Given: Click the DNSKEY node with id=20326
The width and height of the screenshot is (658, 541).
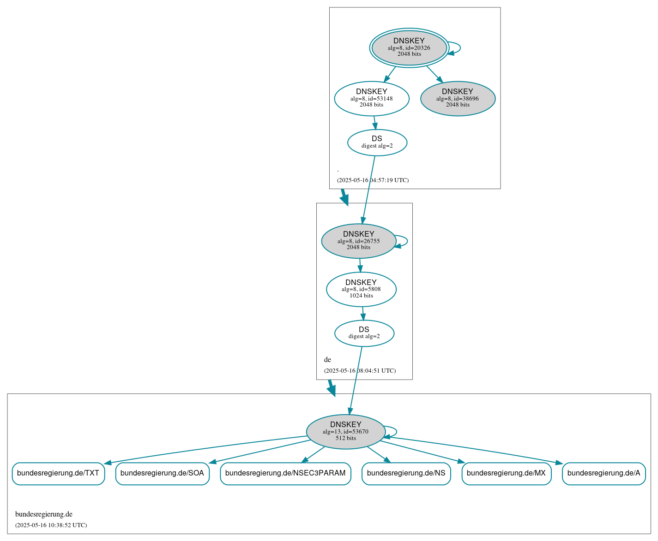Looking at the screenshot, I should (x=409, y=48).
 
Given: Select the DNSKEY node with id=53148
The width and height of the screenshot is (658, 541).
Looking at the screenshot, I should (x=372, y=98).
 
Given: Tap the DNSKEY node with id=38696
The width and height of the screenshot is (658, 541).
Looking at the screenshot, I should (x=458, y=98).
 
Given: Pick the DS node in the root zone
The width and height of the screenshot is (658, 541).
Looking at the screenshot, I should (x=377, y=143).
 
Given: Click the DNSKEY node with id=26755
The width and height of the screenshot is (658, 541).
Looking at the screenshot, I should (x=359, y=241).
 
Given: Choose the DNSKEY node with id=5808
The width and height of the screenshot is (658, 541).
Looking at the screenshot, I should (x=361, y=289).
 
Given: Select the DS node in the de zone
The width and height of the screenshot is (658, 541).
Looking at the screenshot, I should (x=364, y=333).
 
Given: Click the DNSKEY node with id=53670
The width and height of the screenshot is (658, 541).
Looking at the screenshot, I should (x=345, y=431).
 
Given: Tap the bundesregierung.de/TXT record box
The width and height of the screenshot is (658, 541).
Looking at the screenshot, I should (x=58, y=473).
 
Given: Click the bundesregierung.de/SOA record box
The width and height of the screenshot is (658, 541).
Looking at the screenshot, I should (x=162, y=473).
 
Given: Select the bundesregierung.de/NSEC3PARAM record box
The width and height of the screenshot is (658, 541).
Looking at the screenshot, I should (x=285, y=473).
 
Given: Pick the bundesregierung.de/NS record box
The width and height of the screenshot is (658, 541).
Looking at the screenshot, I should (x=406, y=473).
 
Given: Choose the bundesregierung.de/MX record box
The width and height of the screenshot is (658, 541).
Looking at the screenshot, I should (x=506, y=473).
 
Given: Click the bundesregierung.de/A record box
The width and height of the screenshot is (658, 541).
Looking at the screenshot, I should (x=604, y=473).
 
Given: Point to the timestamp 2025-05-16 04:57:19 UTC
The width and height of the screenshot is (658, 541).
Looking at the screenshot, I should (x=373, y=180).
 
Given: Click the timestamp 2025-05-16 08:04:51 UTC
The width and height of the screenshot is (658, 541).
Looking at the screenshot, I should (x=360, y=371).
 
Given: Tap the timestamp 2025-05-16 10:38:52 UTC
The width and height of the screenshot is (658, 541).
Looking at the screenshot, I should (x=51, y=525).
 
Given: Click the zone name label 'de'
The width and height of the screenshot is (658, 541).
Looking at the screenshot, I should (x=327, y=360).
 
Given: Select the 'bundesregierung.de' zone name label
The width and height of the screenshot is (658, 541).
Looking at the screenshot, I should (x=44, y=514).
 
